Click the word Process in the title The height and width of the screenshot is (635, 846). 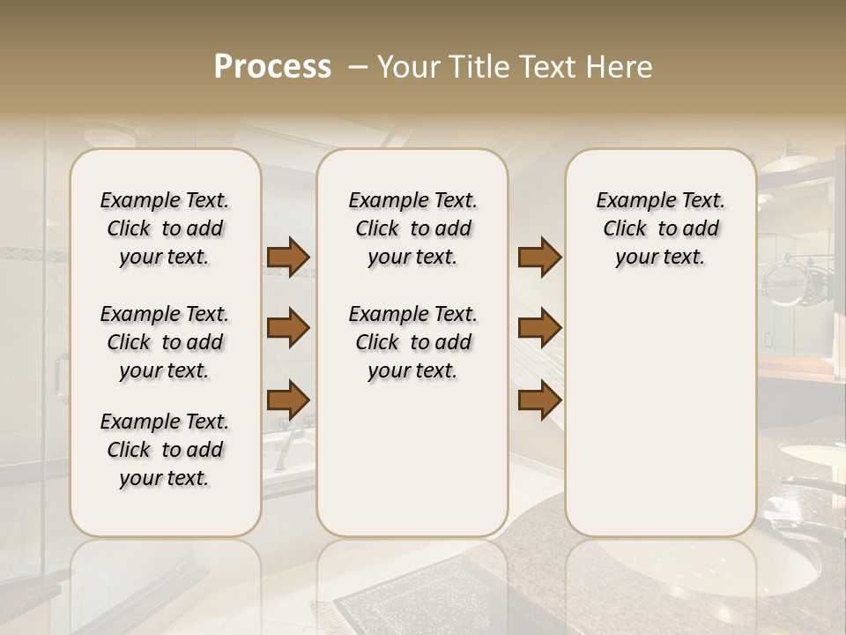coord(272,67)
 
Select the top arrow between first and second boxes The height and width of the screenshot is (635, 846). coord(288,257)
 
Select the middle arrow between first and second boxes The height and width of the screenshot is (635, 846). coord(288,328)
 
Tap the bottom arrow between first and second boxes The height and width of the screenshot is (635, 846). coord(288,400)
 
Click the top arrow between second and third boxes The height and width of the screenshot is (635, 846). coord(539,257)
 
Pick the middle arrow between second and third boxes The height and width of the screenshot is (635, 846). coord(539,328)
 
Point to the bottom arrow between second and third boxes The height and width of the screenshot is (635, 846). coord(539,400)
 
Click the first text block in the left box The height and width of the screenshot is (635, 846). coord(165,228)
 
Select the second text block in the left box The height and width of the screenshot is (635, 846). coord(165,342)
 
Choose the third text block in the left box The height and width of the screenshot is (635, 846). coord(165,450)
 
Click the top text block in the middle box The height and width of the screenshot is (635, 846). coord(412,228)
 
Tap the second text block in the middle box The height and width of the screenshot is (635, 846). coord(412,342)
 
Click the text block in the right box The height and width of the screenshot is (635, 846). coord(660,228)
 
